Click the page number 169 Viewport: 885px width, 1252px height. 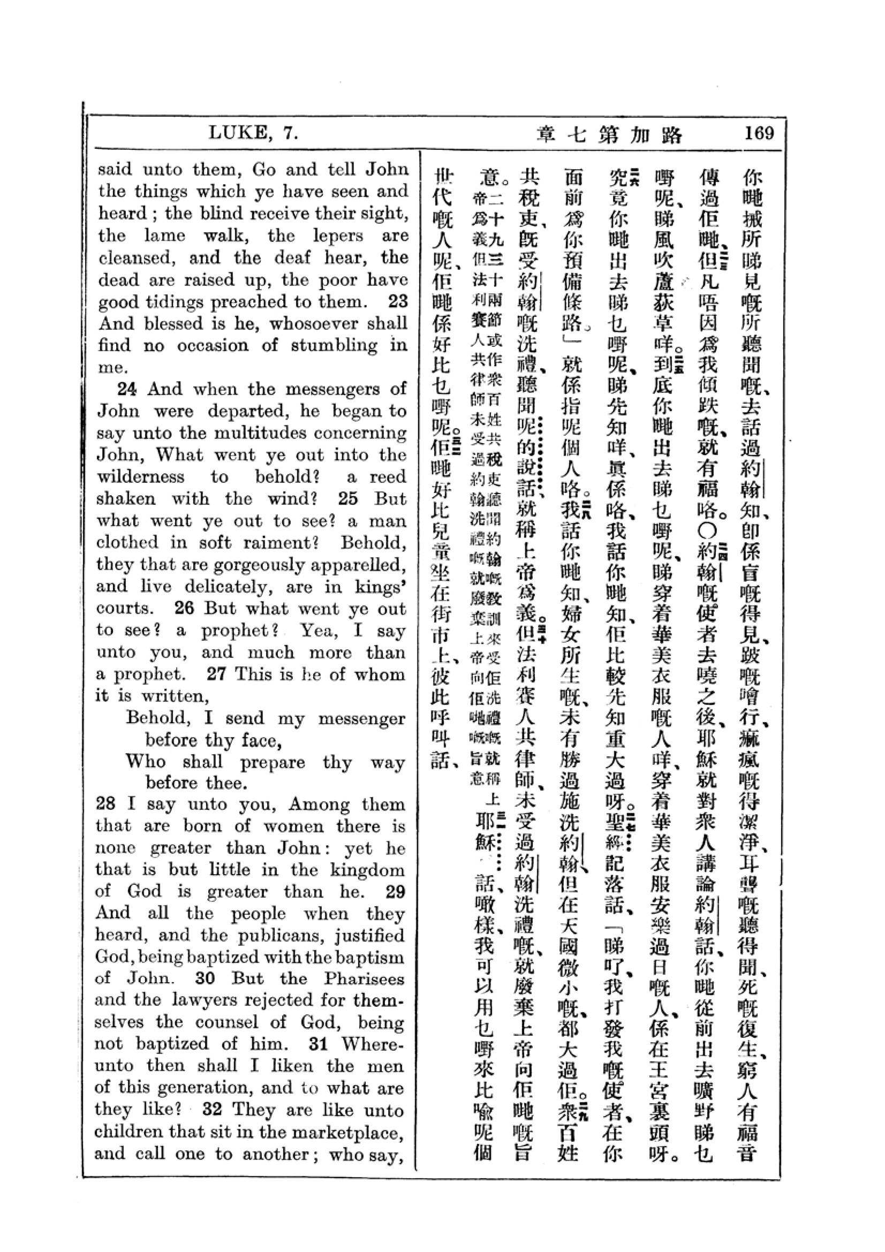point(759,133)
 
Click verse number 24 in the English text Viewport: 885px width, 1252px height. point(127,389)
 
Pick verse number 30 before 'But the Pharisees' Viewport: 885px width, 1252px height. point(205,978)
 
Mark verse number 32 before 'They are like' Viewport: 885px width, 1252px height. point(212,1110)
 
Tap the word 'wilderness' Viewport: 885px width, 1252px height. point(141,477)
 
